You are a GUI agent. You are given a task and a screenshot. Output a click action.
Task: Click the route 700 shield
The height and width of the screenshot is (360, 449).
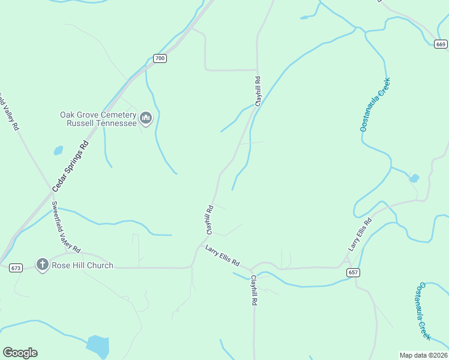click(159, 58)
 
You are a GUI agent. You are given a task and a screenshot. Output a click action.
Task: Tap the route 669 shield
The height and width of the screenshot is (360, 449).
click(441, 44)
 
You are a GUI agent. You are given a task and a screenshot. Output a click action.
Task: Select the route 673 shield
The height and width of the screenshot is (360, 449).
click(16, 268)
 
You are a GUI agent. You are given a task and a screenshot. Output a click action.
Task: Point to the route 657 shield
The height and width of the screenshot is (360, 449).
click(354, 272)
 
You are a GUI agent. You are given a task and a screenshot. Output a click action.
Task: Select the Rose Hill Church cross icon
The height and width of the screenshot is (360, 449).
click(42, 265)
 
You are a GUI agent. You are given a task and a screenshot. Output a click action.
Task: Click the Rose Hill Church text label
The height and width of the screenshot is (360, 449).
click(83, 265)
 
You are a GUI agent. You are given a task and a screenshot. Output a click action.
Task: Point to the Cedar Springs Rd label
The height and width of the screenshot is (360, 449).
click(70, 166)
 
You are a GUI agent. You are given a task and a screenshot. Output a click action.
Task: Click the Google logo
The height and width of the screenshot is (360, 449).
click(20, 353)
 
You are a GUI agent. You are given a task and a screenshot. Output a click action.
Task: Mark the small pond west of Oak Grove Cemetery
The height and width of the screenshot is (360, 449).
click(58, 150)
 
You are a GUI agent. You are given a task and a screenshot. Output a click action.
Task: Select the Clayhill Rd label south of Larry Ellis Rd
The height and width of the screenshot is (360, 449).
click(254, 292)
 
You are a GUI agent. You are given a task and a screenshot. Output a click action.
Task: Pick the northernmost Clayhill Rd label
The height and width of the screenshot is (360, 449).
click(258, 91)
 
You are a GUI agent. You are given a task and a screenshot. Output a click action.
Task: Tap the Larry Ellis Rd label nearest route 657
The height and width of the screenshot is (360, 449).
click(360, 235)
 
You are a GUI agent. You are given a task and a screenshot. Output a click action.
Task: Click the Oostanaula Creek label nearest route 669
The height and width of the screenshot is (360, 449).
click(375, 104)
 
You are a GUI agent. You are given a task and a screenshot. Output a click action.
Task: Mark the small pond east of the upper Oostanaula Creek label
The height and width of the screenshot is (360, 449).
click(414, 178)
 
